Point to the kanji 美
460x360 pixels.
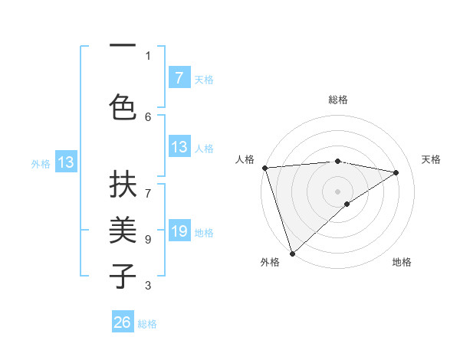[123, 230]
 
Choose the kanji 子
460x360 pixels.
[123, 276]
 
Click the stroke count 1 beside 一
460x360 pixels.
[148, 55]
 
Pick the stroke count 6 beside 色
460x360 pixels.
[148, 116]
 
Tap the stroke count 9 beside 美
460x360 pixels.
[148, 239]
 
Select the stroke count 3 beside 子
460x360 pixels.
[148, 286]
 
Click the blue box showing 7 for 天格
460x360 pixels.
[179, 77]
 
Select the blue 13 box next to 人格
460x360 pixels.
[179, 147]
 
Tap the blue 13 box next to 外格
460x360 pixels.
[65, 162]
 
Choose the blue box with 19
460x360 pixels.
[179, 231]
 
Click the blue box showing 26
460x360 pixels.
[123, 322]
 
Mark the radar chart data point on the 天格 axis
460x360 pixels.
[396, 172]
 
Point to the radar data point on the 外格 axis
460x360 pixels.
[292, 253]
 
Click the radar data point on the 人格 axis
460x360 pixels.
[264, 168]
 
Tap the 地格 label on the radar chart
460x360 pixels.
[402, 262]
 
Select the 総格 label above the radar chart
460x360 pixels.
[338, 100]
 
